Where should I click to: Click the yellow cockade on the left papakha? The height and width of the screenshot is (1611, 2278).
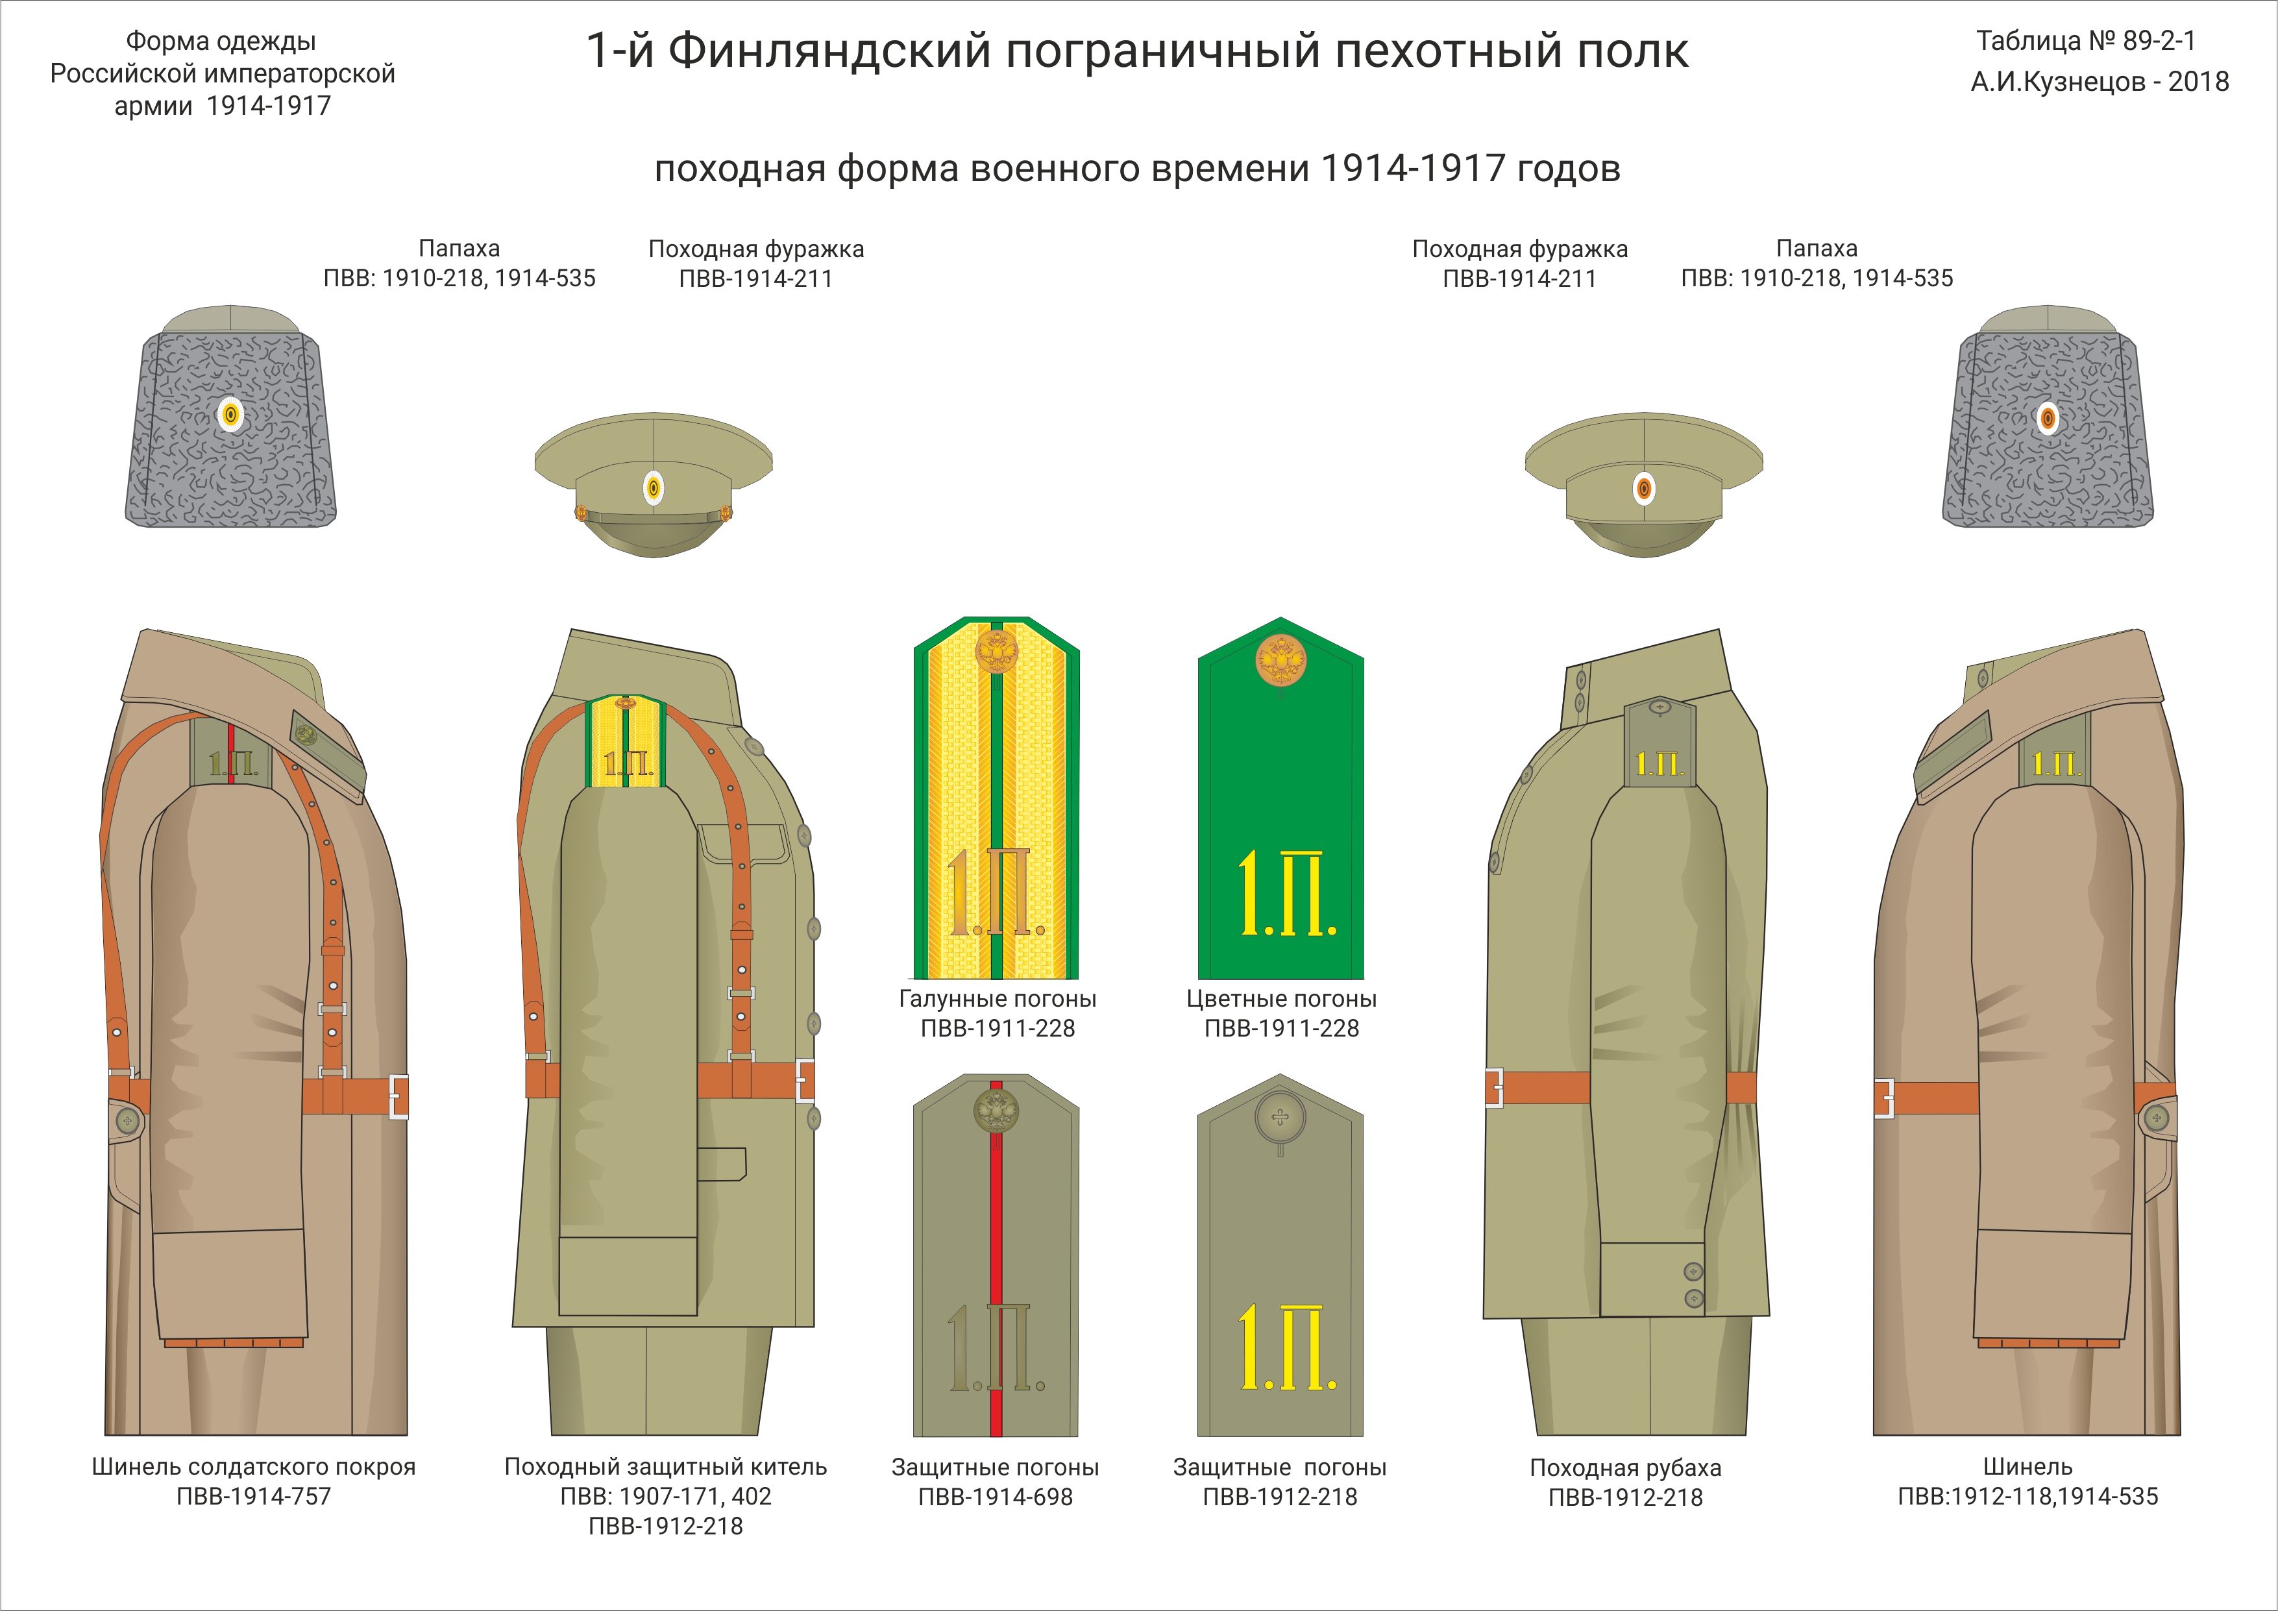230,415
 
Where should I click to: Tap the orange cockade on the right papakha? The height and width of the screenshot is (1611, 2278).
2048,417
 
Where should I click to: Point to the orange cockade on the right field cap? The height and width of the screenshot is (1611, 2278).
1644,488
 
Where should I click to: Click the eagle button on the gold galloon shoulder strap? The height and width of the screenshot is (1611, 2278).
996,652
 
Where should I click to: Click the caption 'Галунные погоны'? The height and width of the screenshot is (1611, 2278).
997,999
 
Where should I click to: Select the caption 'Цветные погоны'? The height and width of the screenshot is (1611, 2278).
1281,999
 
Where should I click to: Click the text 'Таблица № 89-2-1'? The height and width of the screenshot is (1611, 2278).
2085,41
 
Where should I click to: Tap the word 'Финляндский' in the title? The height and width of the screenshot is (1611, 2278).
829,51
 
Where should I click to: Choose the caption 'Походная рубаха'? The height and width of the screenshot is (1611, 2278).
1625,1467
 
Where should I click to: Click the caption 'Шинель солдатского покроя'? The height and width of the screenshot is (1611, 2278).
253,1466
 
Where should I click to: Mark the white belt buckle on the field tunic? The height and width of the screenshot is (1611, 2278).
805,1080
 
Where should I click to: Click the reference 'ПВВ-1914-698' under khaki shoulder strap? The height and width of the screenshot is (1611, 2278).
995,1497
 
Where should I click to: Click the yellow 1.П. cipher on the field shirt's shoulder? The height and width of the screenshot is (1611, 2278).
1659,764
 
